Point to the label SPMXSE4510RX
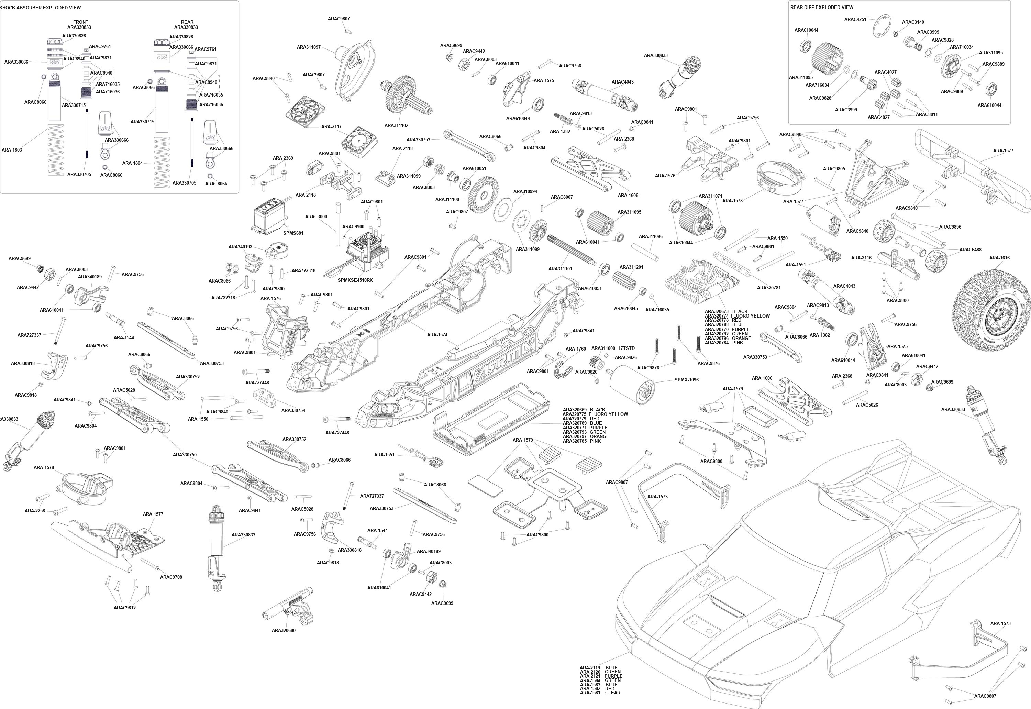(355, 280)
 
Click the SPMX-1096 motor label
(686, 380)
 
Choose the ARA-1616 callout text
(999, 258)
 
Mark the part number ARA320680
(284, 630)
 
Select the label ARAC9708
(171, 577)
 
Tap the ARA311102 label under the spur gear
(396, 125)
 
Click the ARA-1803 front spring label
(12, 150)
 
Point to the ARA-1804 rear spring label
(132, 163)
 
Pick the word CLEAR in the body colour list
(612, 692)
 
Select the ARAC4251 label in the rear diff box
(855, 19)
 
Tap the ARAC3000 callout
(316, 217)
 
